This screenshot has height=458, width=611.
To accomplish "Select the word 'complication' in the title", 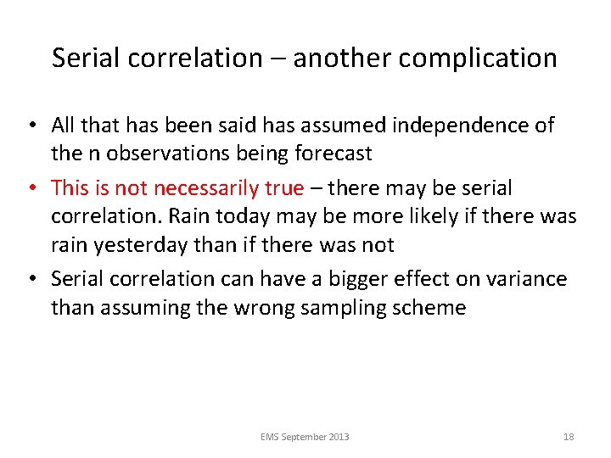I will [480, 58].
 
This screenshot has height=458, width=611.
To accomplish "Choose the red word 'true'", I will [286, 187].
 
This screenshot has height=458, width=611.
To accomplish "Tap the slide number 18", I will [569, 437].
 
